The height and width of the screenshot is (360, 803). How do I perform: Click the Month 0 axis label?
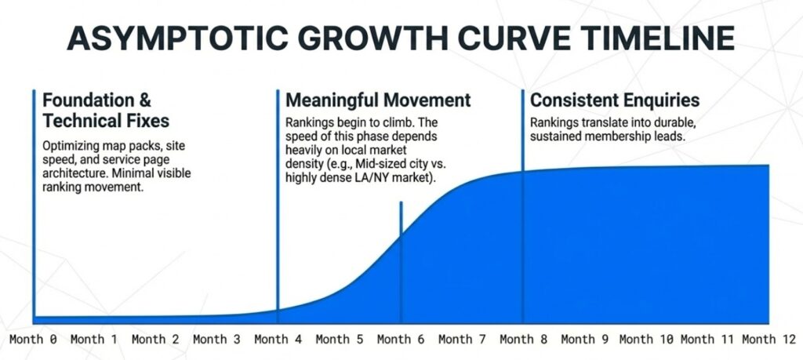33,339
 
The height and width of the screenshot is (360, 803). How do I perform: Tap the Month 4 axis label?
278,339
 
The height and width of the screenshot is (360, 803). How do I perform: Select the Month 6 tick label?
401,339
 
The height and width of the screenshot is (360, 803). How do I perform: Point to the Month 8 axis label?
523,339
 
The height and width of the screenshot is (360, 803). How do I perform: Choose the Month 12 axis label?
769,339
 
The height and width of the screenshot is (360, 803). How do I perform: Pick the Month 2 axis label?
156,339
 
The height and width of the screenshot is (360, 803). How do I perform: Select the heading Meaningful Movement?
378,100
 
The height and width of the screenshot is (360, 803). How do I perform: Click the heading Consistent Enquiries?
615,100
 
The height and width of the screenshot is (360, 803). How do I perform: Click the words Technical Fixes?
106,121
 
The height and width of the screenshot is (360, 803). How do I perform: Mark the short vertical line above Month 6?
401,262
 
